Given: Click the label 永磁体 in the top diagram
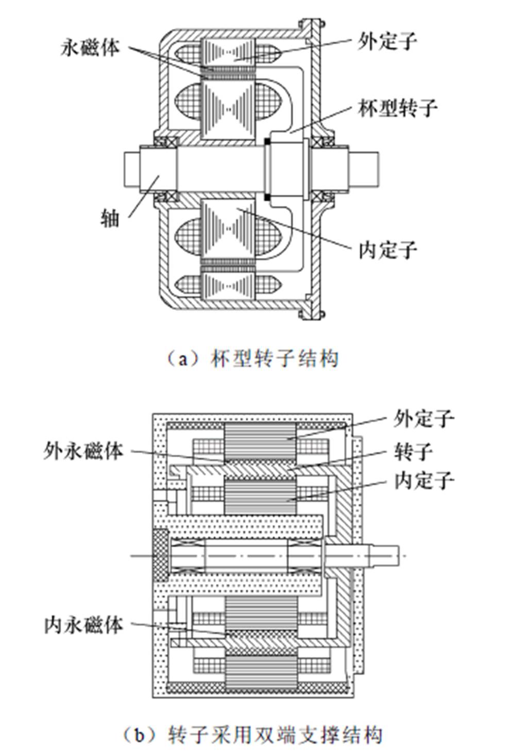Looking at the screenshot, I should tap(91, 47).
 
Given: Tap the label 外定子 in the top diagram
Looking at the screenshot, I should tap(387, 41).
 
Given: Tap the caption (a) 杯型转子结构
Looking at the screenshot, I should tap(252, 358).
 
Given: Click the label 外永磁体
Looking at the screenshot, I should tap(83, 451).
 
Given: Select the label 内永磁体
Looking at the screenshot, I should tap(83, 625).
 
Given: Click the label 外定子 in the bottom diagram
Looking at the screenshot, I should tap(424, 419).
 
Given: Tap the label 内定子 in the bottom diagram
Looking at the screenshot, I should tap(424, 481).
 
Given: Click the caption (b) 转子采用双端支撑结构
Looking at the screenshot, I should tap(252, 734).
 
